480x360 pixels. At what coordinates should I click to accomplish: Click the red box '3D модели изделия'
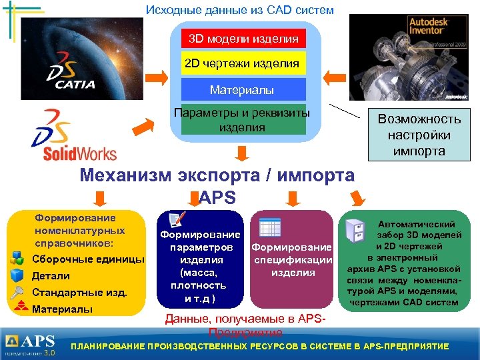243,39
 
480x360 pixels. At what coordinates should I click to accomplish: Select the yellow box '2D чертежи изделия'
243,64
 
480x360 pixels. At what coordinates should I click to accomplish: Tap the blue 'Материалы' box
243,89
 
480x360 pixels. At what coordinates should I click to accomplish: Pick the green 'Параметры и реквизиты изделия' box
243,120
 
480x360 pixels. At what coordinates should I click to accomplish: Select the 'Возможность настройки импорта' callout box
419,135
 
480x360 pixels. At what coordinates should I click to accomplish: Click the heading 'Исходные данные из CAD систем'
239,10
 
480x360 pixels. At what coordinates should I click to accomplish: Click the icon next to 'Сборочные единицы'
19,259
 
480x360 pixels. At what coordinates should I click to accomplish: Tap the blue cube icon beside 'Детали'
19,275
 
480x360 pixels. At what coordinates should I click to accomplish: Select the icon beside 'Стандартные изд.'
19,292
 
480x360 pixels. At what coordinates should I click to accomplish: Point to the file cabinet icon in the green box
355,231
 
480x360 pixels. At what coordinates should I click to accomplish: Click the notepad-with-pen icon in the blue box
177,220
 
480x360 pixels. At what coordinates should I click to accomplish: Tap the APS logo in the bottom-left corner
31,344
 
